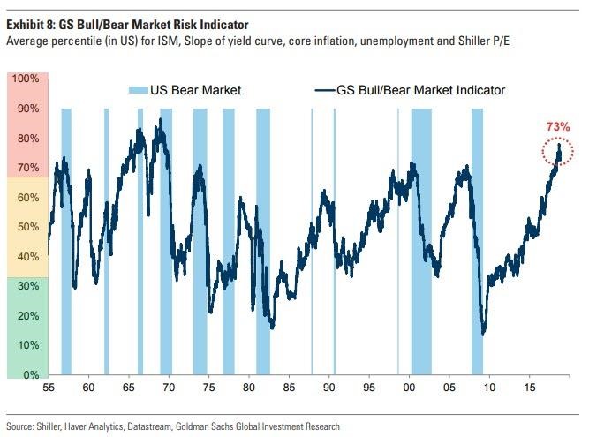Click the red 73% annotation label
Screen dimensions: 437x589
point(558,127)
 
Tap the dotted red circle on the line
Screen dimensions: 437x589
point(558,154)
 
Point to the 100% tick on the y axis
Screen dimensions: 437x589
point(26,79)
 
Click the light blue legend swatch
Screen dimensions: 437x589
point(140,90)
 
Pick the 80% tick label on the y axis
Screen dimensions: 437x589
point(27,139)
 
